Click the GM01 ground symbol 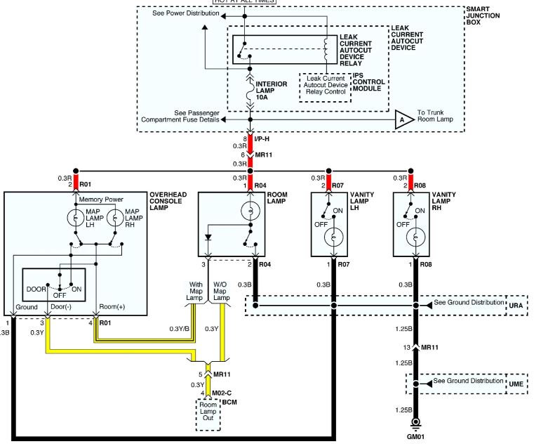[x=415, y=423]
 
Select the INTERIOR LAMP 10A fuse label [x=271, y=91]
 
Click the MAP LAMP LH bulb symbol [x=76, y=218]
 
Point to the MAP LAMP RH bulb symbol [x=116, y=218]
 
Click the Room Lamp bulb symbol [x=251, y=211]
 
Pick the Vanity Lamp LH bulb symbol [x=334, y=237]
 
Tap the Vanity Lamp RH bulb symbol [x=415, y=237]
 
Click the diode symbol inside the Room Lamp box [x=208, y=237]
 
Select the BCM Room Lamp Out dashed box [x=208, y=414]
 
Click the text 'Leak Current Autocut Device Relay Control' [x=326, y=85]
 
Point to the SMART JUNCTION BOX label [x=483, y=15]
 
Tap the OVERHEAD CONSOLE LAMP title [x=168, y=201]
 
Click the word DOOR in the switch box [x=36, y=289]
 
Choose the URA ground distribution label [x=516, y=305]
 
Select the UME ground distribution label [x=516, y=384]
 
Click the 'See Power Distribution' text [x=186, y=13]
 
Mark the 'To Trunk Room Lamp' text [x=435, y=116]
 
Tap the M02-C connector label [x=222, y=393]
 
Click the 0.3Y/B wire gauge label [x=180, y=329]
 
